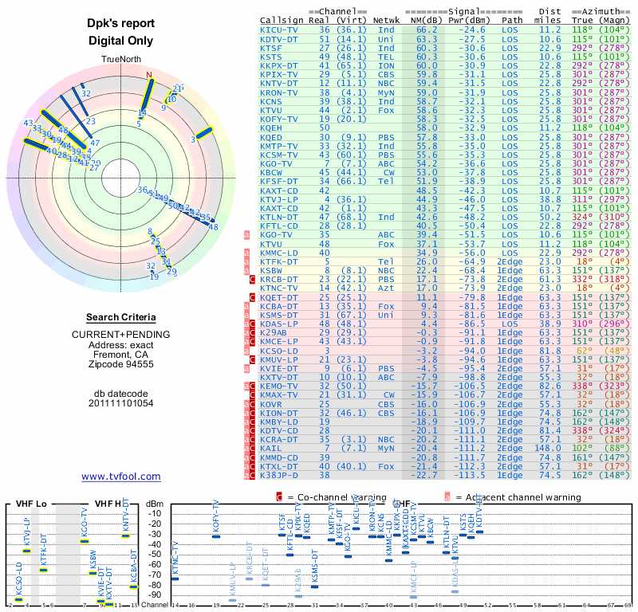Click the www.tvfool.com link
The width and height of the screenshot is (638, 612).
pos(120,477)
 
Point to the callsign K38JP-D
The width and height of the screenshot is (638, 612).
pos(279,475)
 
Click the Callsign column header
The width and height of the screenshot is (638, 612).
pos(282,19)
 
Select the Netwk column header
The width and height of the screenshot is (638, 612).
pos(387,19)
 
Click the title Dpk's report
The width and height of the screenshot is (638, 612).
pos(120,24)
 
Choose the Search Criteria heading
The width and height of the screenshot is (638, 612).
pos(120,317)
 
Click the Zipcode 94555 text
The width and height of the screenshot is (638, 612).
pos(120,364)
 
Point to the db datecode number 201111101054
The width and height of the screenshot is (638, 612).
pos(120,403)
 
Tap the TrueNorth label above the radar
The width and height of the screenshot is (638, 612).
pos(120,60)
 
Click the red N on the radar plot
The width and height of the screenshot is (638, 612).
pos(148,76)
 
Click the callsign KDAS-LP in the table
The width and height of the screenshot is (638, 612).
pos(279,325)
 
